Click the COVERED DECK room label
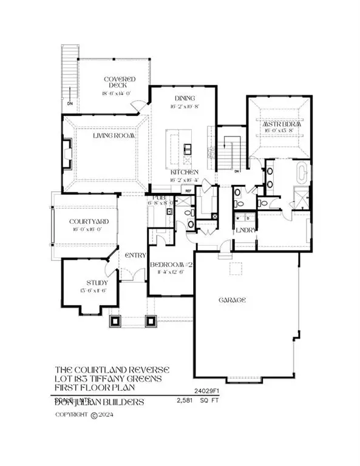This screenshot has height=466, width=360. point(119,83)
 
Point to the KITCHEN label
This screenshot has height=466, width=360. point(183,172)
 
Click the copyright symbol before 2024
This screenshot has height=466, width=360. point(93,416)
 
